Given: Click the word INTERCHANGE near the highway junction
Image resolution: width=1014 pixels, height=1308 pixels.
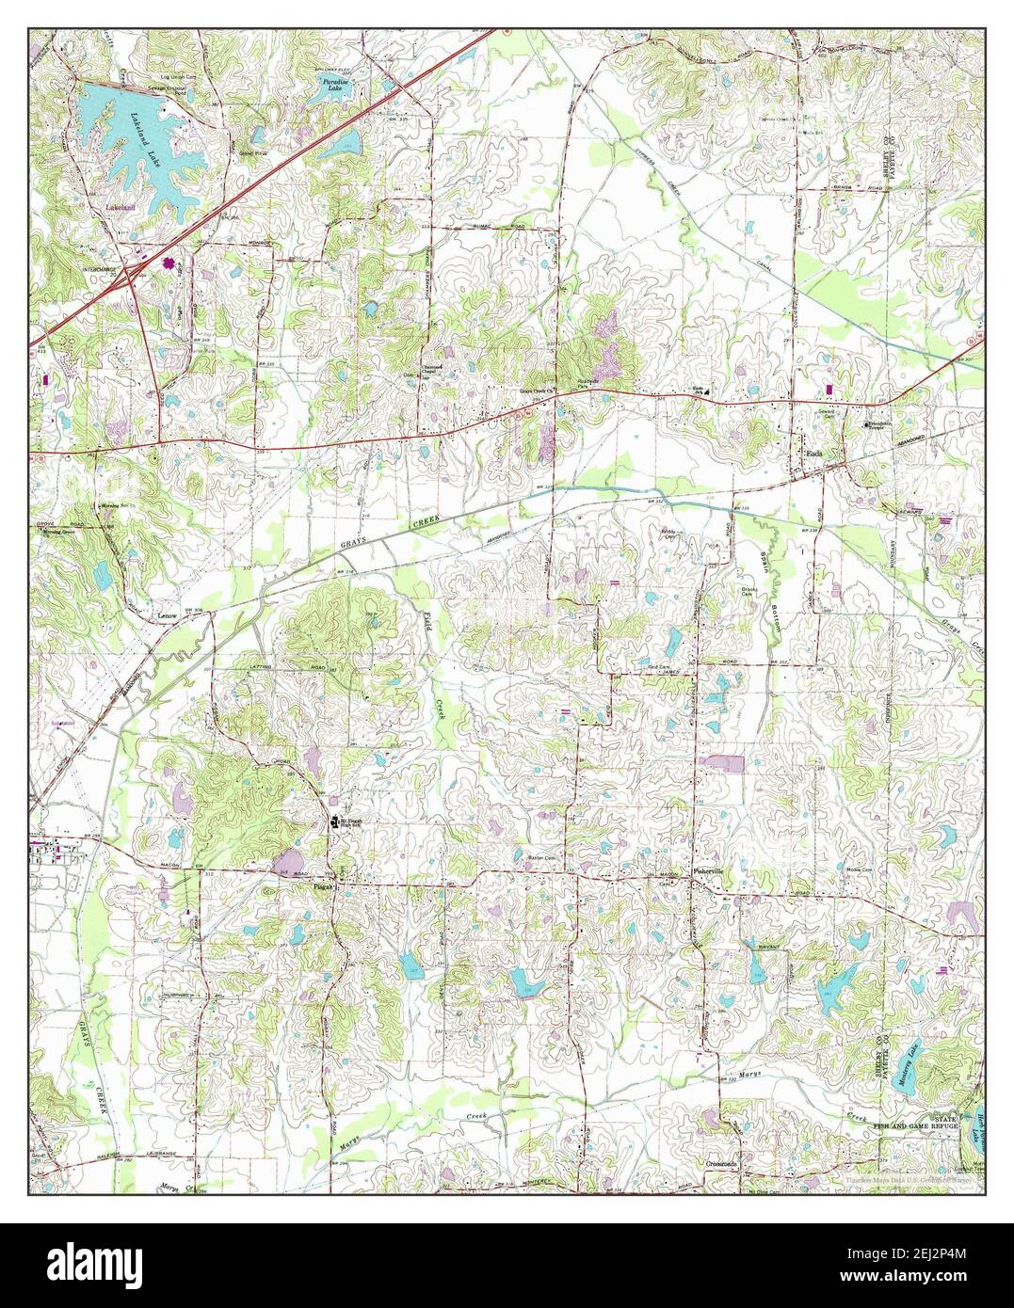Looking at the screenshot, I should (101, 269).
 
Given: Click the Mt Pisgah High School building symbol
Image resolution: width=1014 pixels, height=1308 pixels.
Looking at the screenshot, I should (332, 822).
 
